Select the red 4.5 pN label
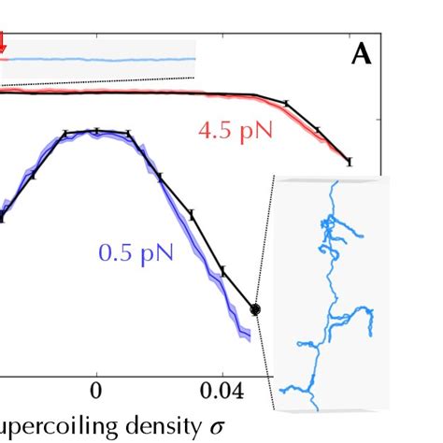click(x=236, y=131)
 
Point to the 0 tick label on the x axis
click(x=95, y=390)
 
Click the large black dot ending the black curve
click(x=255, y=308)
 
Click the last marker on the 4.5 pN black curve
click(x=350, y=162)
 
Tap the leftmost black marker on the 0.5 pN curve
click(x=2, y=218)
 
